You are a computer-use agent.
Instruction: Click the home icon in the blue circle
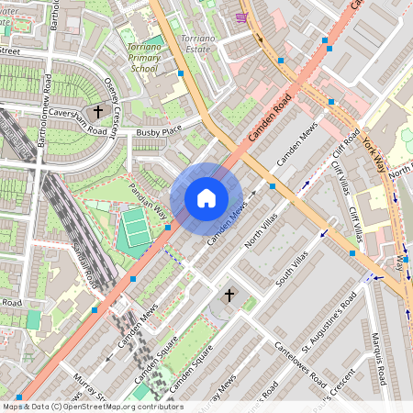[x=206, y=198]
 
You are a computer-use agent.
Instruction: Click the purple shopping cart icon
[x=241, y=17]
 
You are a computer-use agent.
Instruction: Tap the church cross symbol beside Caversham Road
[x=98, y=112]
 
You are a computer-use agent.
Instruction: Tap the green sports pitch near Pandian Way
[x=136, y=228]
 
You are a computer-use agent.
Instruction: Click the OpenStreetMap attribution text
[x=92, y=407]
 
